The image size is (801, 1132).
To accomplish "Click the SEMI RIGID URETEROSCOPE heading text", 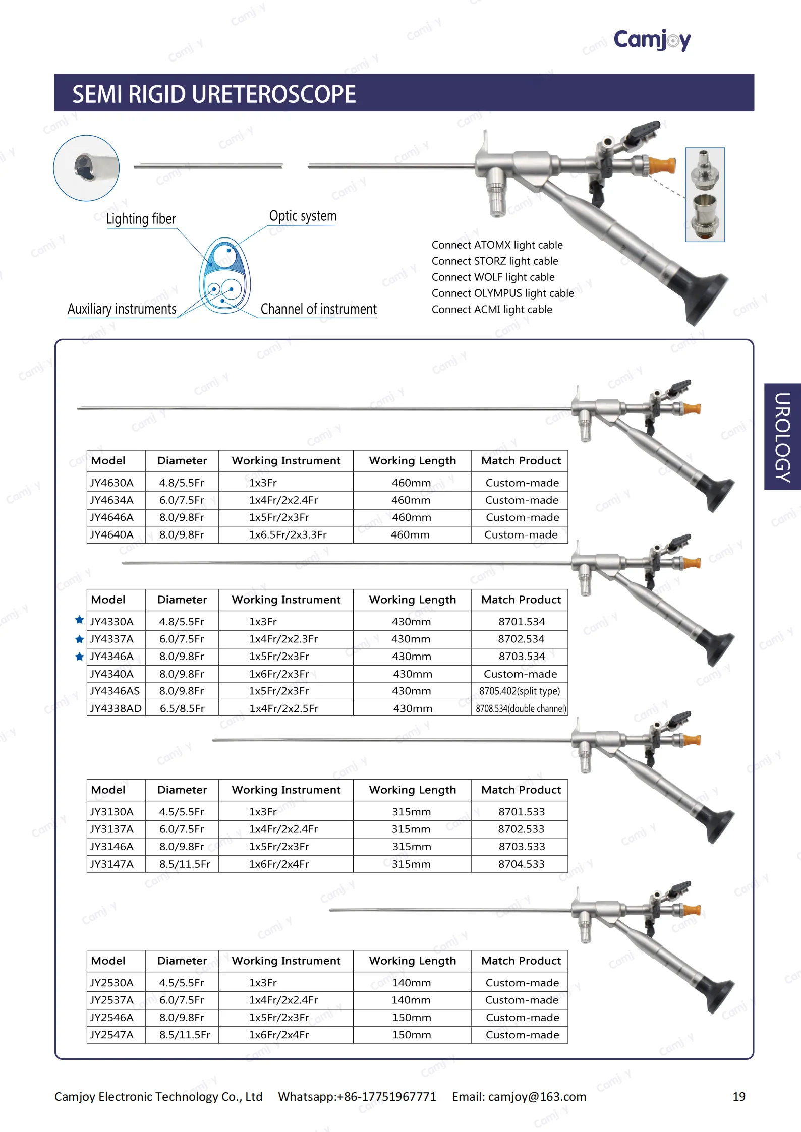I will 214,94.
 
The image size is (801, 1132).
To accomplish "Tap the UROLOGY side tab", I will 782,437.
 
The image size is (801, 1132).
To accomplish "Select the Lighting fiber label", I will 141,219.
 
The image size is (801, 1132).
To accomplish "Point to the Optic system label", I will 303,216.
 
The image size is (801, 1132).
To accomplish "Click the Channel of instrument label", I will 318,309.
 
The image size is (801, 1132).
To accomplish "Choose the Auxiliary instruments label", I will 122,309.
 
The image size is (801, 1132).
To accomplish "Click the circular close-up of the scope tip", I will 87,168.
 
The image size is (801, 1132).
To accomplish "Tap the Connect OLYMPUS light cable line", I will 502,293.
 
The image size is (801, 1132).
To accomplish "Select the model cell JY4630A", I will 112,483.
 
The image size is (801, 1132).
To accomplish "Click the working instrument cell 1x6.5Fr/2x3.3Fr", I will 288,534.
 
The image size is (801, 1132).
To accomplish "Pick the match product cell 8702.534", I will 521,639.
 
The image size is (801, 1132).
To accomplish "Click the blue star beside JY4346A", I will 79,657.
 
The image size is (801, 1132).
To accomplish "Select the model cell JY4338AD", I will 116,708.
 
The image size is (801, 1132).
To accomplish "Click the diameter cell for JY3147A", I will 185,864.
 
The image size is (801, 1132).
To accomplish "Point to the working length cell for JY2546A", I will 412,1017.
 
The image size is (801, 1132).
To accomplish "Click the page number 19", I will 739,1097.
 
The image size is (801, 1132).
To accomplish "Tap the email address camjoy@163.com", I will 537,1097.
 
